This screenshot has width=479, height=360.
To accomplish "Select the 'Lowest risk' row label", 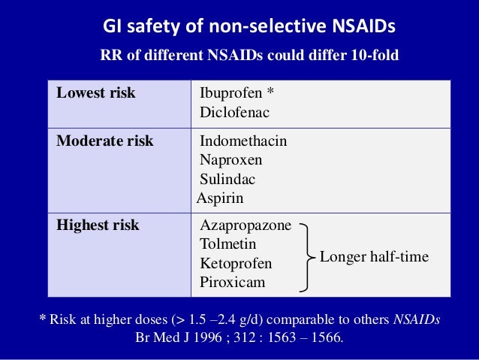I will click(x=96, y=93).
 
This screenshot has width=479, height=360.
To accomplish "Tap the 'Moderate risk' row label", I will click(x=105, y=141).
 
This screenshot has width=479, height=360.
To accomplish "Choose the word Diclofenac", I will click(x=234, y=113).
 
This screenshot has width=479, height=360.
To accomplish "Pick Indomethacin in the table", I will click(x=243, y=141).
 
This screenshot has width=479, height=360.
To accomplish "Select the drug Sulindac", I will click(x=227, y=179).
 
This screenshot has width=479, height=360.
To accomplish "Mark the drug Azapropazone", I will click(x=246, y=225).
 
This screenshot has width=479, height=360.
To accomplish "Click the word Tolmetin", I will click(x=228, y=244).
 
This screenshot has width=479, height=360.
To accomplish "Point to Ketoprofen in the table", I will click(x=236, y=264).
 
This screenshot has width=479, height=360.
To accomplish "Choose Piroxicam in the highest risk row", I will click(x=232, y=283).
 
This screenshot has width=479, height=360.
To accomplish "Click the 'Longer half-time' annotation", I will click(x=374, y=257).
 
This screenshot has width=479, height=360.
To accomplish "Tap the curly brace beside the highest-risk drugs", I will click(x=306, y=256).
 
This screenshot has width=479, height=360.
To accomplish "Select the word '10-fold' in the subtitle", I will click(x=372, y=56).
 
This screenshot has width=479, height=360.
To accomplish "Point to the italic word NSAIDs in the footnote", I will click(x=416, y=319).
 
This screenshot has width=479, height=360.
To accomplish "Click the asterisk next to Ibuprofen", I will click(x=270, y=92).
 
